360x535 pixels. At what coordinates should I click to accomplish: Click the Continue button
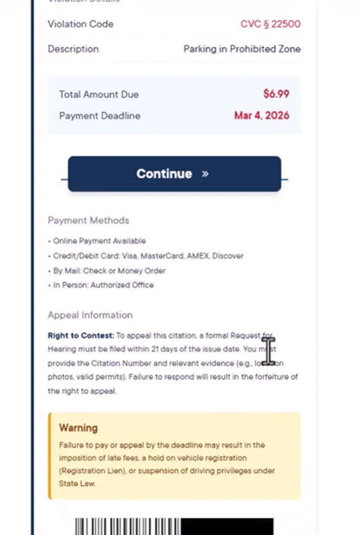174,174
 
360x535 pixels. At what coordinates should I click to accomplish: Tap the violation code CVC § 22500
270,24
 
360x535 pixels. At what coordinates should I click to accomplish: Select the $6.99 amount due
276,94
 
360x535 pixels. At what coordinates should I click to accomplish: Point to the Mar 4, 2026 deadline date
262,115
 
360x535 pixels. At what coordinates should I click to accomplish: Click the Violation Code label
81,24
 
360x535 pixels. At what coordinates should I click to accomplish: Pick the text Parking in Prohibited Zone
242,49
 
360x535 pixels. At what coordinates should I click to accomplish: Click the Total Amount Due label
98,94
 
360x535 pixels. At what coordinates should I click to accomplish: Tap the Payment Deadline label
100,116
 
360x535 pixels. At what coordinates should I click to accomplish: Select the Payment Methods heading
89,220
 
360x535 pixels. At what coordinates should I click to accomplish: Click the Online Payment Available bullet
99,241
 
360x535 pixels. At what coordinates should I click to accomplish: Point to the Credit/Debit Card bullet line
148,255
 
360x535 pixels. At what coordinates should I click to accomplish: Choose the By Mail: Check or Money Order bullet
109,270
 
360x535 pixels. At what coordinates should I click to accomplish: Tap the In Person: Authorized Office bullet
103,285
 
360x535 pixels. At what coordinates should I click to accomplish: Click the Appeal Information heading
90,315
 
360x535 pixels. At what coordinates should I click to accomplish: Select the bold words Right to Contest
81,336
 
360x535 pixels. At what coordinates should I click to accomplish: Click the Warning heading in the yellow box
78,427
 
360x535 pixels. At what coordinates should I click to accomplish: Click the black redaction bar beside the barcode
227,526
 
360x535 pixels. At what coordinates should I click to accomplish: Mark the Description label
73,49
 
